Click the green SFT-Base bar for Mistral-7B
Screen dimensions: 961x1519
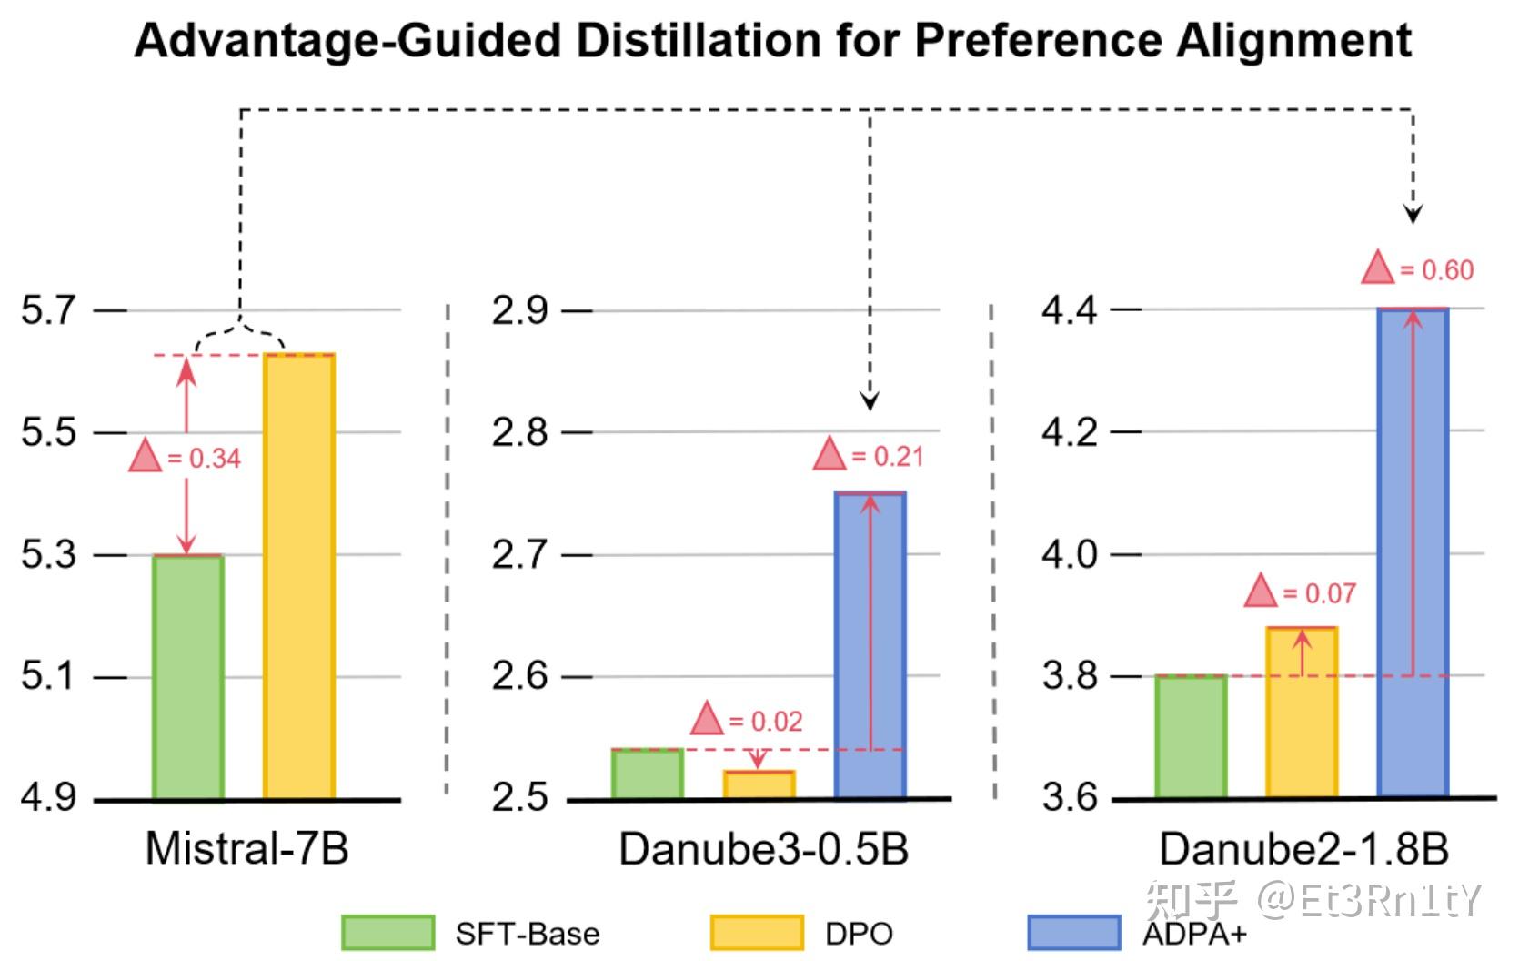point(188,677)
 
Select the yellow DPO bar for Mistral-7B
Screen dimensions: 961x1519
point(299,577)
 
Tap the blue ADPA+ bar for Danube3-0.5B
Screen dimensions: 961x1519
point(870,645)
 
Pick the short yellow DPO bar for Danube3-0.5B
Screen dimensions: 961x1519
point(759,784)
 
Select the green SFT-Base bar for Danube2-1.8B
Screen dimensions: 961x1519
point(1191,736)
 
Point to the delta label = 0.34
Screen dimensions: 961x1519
point(186,458)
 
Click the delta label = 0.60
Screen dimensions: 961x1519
point(1419,270)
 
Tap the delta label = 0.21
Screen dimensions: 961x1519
point(870,455)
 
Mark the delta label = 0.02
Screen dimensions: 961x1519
point(748,721)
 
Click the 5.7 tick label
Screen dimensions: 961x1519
point(48,310)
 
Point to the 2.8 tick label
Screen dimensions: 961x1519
point(519,432)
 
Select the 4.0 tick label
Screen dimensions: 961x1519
point(1070,553)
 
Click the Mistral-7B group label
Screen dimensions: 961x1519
point(246,848)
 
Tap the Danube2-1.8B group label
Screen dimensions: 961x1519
point(1303,848)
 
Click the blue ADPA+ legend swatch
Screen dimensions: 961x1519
point(1073,933)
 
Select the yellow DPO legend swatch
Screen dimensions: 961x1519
point(757,933)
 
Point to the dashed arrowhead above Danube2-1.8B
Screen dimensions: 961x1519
point(1413,215)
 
